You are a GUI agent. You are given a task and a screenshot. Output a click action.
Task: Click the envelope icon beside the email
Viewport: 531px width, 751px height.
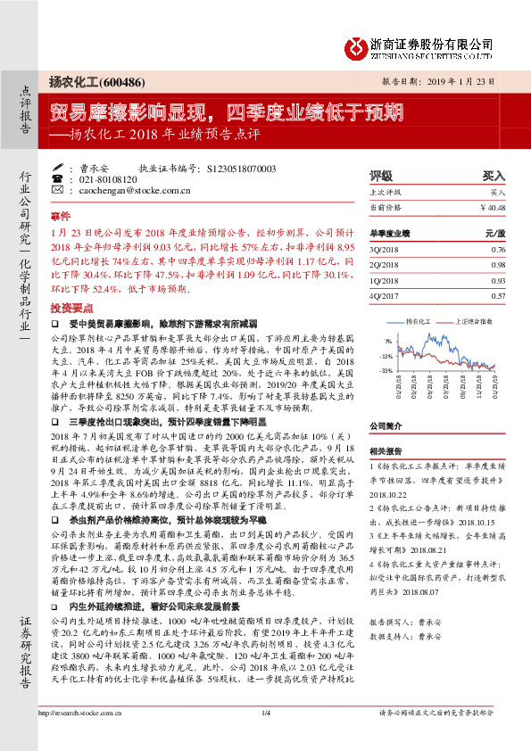(x=58, y=190)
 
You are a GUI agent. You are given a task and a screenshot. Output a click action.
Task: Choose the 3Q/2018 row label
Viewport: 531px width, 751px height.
(x=384, y=249)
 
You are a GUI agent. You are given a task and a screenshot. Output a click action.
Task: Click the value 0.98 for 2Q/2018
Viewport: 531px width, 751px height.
(x=498, y=265)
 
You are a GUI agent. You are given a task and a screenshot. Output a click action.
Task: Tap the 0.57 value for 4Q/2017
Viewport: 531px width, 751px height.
(x=498, y=295)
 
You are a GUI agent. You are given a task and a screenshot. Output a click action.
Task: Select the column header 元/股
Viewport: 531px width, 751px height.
(x=495, y=232)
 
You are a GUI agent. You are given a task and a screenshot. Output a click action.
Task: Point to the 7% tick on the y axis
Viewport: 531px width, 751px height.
(x=387, y=341)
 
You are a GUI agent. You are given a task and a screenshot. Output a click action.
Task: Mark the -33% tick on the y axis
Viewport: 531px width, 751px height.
(x=386, y=369)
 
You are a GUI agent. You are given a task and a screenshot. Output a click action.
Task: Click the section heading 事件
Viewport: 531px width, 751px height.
(x=59, y=217)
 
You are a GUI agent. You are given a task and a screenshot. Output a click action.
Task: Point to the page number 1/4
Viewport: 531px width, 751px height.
(x=265, y=738)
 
